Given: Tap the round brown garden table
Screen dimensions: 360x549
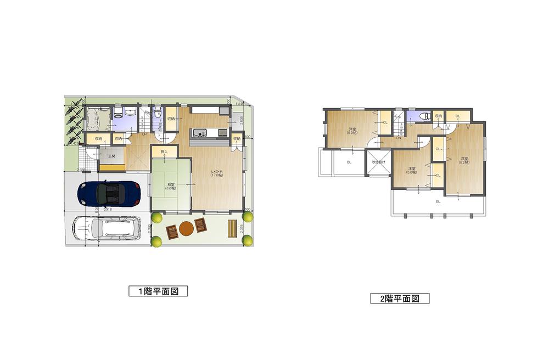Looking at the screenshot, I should [x=187, y=228].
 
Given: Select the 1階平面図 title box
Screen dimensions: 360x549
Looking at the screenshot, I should [x=158, y=291].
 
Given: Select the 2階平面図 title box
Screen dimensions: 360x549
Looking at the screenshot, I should [x=400, y=299].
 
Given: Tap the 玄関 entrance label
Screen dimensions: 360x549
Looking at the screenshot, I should [x=111, y=156].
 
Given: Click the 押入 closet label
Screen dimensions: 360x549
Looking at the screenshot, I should [x=164, y=151].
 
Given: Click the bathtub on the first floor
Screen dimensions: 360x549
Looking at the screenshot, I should [x=97, y=117].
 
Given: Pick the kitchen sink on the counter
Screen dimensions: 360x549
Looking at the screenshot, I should [x=199, y=132].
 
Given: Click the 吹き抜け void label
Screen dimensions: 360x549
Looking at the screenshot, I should [x=379, y=162].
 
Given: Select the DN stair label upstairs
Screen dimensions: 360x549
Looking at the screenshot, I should [x=399, y=138].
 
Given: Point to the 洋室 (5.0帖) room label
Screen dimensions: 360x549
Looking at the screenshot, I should [x=412, y=171].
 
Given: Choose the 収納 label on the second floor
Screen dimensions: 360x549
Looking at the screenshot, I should [x=438, y=116].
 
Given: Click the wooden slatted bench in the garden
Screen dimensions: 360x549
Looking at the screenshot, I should [x=232, y=228].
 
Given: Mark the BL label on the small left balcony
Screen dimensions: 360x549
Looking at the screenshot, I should [x=349, y=162].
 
